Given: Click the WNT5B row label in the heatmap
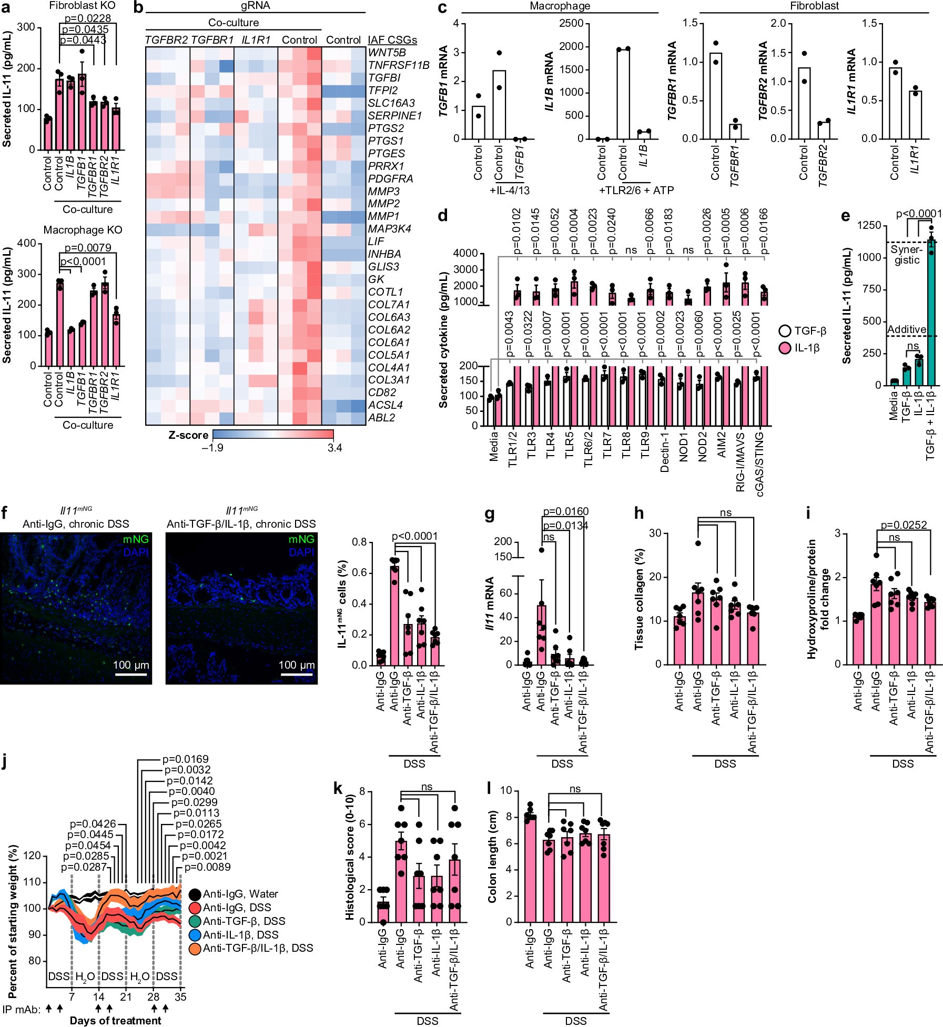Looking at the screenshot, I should (x=387, y=53).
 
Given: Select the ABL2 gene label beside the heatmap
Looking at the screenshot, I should (x=381, y=418).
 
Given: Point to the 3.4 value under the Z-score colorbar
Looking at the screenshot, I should (x=334, y=448).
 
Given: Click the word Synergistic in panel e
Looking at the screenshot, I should (x=906, y=255).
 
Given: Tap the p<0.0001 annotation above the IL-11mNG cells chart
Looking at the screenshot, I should (x=414, y=536).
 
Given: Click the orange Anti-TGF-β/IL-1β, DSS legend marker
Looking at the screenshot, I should (x=195, y=949).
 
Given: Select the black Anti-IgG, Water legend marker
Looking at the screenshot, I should (x=195, y=894).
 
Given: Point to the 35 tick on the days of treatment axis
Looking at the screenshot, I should (x=180, y=996).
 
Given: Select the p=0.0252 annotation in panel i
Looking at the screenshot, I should (x=904, y=525).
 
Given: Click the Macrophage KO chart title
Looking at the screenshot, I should (x=83, y=230).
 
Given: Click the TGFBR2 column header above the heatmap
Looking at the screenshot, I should (x=166, y=40).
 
